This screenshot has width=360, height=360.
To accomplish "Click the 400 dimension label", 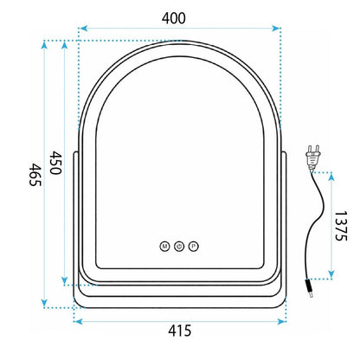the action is coord(174,18).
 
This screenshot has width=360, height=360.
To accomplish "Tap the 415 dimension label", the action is coord(180,331).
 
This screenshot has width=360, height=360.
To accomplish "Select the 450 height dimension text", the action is coord(55,163).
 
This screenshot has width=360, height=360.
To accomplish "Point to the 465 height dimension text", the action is coord(35,175).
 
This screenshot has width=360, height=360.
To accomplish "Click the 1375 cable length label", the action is coord(341,226).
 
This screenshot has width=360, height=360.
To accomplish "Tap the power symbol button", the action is coord(179,247).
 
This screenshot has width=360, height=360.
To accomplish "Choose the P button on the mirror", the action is coord(194,247).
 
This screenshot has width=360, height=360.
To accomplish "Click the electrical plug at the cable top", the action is coord(312,157).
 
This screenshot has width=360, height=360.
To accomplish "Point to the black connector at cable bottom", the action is coord(309,287).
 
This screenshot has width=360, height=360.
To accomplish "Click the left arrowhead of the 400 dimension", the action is coord(83,29).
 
